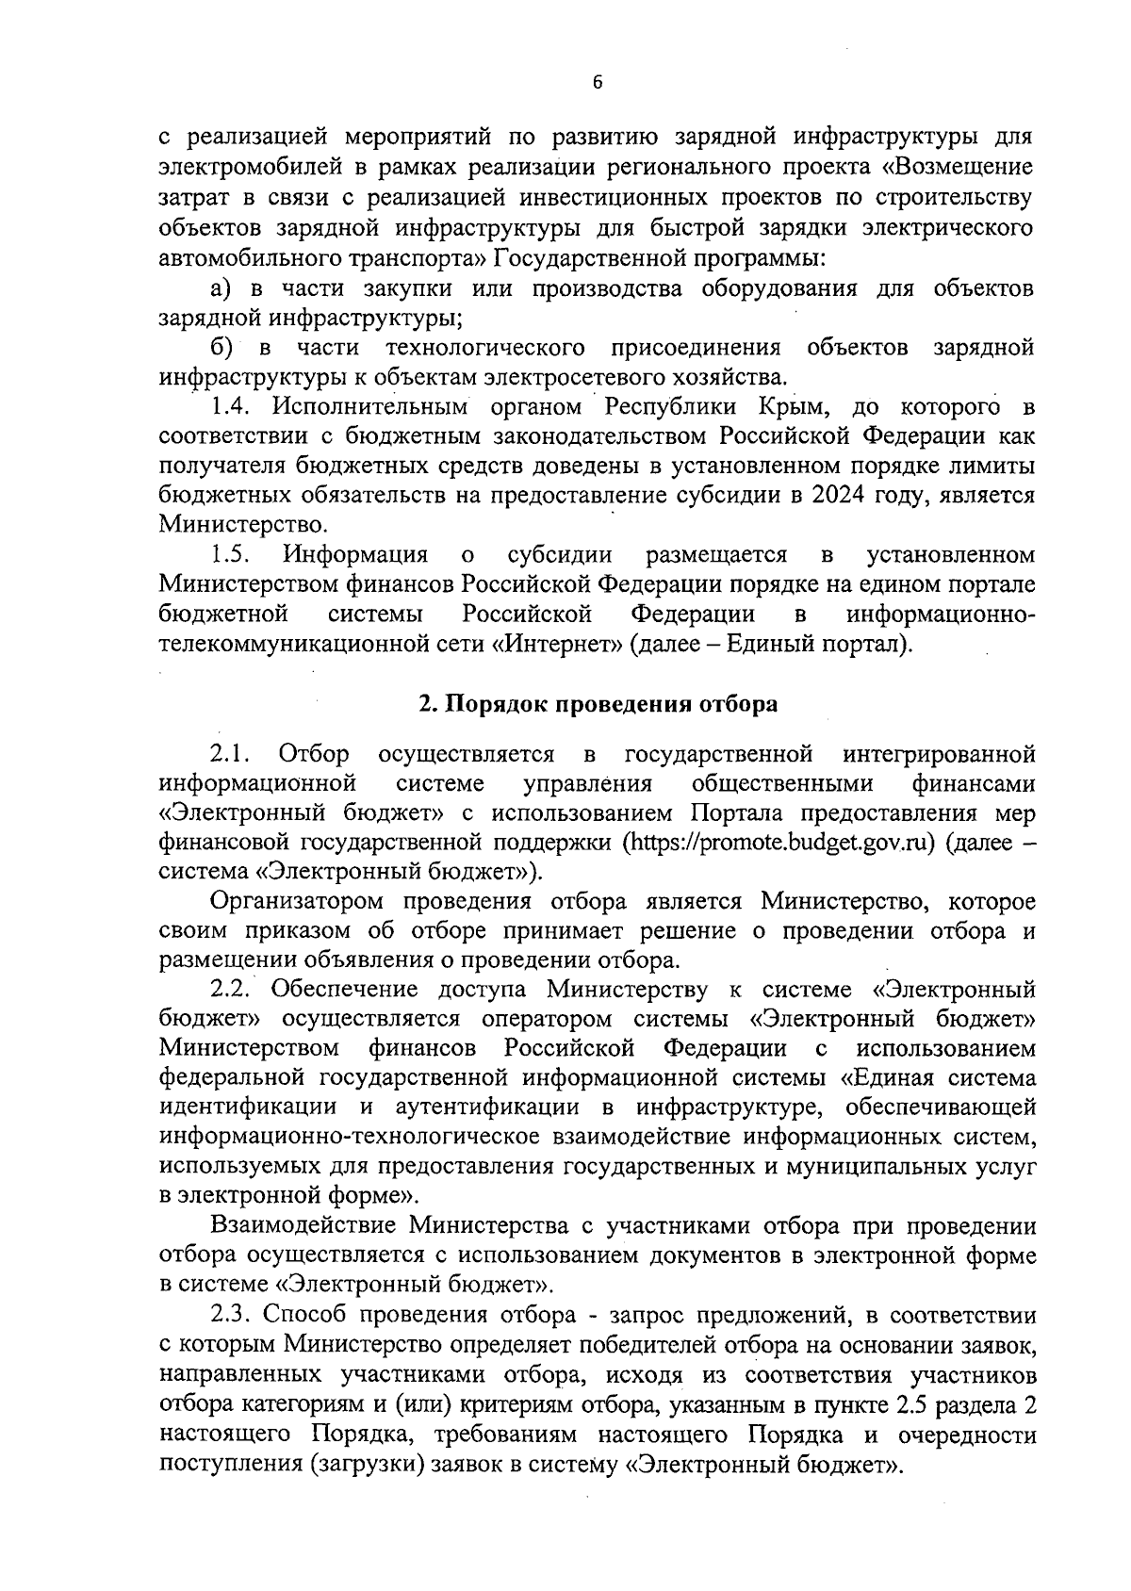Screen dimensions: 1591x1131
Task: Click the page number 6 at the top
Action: click(598, 83)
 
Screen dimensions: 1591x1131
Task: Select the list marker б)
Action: click(222, 348)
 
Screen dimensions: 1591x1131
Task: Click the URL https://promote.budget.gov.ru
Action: click(779, 843)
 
